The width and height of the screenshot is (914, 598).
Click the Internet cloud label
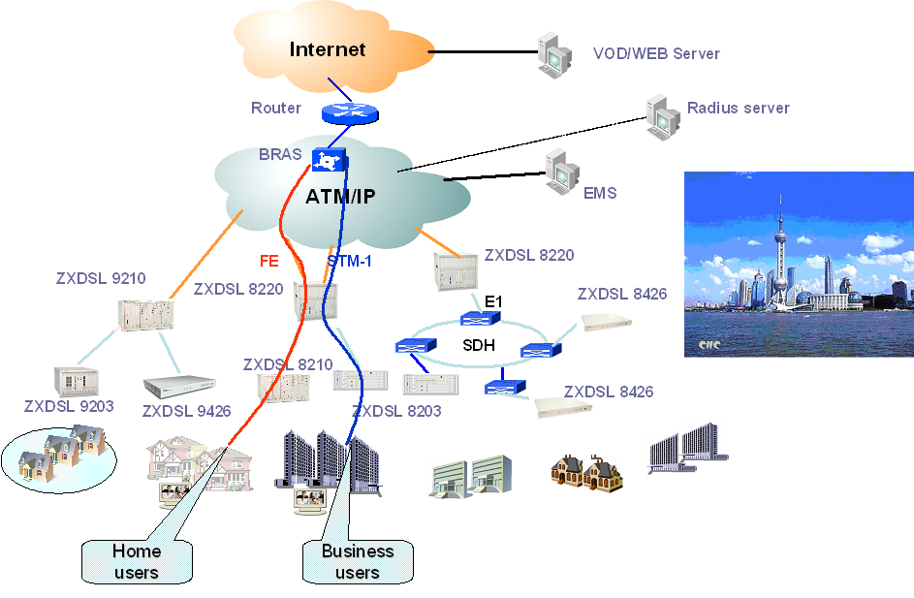(328, 49)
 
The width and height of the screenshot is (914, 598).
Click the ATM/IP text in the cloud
(340, 197)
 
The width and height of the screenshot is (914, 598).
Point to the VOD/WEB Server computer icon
(554, 54)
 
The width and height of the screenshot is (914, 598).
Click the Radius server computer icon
(663, 114)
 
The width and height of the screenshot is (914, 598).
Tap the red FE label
(269, 261)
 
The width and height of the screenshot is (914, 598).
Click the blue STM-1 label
(349, 261)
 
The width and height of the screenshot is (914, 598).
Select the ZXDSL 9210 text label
(101, 279)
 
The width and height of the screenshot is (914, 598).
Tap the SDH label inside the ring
(480, 345)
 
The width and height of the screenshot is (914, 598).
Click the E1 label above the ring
(494, 303)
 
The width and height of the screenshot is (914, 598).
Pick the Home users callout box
(137, 561)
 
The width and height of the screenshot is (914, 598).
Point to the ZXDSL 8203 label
(396, 411)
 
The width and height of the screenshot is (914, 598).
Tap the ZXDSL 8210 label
(288, 364)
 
